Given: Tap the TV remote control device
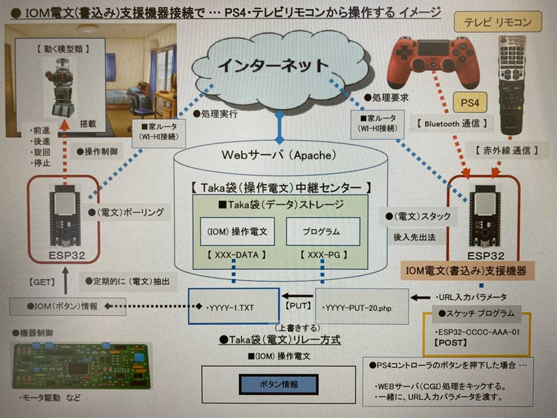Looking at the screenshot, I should tap(512, 84).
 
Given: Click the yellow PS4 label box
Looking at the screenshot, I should tap(470, 103).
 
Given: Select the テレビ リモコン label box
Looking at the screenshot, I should tap(497, 22).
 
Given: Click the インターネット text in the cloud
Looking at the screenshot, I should tap(273, 65).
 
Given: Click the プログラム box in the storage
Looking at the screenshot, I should tap(322, 232).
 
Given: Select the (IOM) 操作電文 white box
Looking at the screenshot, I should tap(237, 232).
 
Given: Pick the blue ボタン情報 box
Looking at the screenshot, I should tap(278, 384).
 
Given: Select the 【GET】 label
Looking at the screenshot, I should tap(42, 282).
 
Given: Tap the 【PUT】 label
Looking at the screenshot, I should tap(298, 306).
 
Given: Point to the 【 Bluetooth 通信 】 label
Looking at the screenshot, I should tap(452, 123).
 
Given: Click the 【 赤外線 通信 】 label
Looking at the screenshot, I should tap(507, 150).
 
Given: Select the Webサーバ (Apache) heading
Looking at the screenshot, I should tap(279, 155).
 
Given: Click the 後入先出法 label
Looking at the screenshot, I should tap(414, 237).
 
